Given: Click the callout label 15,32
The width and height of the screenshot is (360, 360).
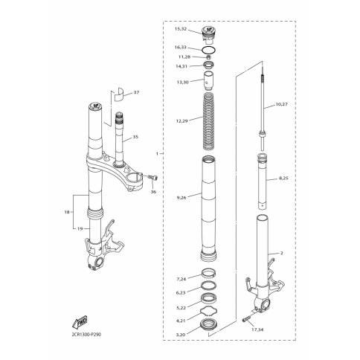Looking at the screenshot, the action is (181, 29).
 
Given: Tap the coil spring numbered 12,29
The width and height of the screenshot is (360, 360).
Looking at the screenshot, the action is (209, 121).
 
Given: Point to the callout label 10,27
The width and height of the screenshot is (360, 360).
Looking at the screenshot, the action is (281, 104).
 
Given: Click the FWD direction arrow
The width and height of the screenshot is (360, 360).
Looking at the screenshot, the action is (80, 322).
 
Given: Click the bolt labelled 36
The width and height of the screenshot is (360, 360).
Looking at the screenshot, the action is (153, 177).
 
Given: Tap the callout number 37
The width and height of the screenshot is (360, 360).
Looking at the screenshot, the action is (136, 92).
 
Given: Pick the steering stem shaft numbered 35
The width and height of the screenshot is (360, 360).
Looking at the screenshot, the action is (120, 139).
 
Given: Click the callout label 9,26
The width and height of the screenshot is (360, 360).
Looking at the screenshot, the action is (181, 198).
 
